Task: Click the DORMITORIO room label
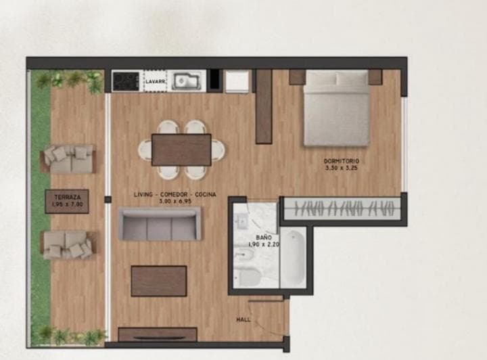click(x=342, y=161)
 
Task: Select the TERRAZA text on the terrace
click(x=68, y=197)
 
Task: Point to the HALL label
click(x=243, y=319)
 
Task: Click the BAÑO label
click(x=264, y=238)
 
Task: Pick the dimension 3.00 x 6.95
click(x=175, y=201)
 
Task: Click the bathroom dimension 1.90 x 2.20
click(x=264, y=244)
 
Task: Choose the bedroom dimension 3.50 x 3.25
click(x=342, y=168)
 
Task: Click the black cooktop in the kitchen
click(x=126, y=81)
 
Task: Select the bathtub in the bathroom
click(x=293, y=257)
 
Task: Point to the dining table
click(x=181, y=150)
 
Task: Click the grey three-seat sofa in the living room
click(x=160, y=223)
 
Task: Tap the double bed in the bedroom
click(x=336, y=108)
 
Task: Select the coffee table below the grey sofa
click(x=159, y=281)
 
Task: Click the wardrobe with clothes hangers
click(x=343, y=208)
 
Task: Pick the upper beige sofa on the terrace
click(x=68, y=159)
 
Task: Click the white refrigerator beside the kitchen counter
click(x=237, y=81)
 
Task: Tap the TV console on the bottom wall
click(x=158, y=334)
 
